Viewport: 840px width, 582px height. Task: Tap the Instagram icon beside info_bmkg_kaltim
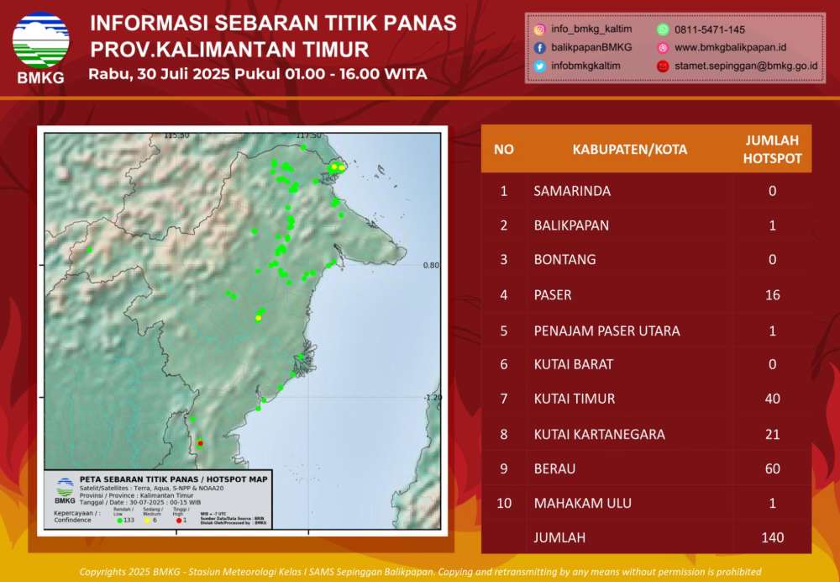tap(539, 29)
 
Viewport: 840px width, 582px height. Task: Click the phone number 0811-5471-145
tap(709, 29)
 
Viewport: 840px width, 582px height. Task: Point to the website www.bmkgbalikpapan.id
tap(730, 47)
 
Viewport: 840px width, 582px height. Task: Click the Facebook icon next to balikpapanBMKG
tap(539, 47)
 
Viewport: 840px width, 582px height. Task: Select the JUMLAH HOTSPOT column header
tap(772, 149)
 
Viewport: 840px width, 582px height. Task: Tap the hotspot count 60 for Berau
tap(772, 468)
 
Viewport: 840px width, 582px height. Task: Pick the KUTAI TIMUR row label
tap(574, 399)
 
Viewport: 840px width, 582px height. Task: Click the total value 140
tap(772, 537)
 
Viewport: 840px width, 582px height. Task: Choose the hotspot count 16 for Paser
tap(772, 294)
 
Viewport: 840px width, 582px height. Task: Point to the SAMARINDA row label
tap(572, 191)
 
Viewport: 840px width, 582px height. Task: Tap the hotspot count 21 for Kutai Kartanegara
tap(772, 434)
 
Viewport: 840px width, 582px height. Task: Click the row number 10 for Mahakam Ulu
tap(503, 504)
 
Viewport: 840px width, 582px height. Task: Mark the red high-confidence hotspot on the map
tap(200, 442)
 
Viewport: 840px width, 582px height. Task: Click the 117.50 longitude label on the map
tap(309, 135)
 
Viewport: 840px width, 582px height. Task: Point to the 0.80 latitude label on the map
tap(430, 265)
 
